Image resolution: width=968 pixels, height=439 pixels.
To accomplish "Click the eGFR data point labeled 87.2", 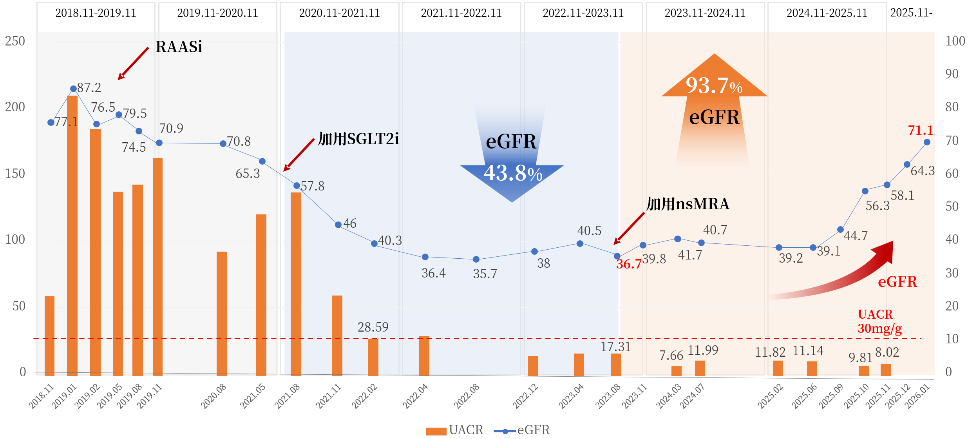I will (x=73, y=89).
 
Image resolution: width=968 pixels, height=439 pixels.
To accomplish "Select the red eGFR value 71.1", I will (x=920, y=130).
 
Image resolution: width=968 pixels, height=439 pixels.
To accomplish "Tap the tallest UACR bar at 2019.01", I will (x=72, y=235).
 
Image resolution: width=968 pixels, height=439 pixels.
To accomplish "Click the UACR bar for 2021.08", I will (x=296, y=284).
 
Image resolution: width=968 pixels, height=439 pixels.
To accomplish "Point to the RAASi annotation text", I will (x=179, y=47).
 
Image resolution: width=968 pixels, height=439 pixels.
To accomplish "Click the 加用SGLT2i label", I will (x=358, y=139).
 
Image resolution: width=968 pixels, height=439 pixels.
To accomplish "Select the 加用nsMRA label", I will (x=688, y=204).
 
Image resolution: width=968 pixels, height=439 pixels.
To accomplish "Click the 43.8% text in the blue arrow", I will (x=513, y=173).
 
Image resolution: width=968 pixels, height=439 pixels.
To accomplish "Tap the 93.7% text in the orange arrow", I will (x=714, y=85).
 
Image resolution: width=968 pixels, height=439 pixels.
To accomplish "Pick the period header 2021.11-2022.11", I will (x=461, y=13).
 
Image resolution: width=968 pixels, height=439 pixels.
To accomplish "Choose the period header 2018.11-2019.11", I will (x=96, y=13).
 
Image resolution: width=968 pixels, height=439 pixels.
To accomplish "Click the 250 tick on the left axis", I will (x=15, y=41).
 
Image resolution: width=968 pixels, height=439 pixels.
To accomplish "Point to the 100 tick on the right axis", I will (x=955, y=41).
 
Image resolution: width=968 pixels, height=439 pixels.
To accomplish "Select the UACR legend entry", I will (x=454, y=430).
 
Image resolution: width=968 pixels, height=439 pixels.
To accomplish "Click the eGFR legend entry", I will (x=522, y=430).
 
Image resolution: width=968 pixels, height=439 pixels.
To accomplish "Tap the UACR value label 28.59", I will (x=373, y=327).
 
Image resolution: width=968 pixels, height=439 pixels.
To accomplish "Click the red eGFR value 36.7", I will (x=629, y=264).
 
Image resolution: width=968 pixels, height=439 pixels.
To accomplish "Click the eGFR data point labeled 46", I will (x=338, y=225).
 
